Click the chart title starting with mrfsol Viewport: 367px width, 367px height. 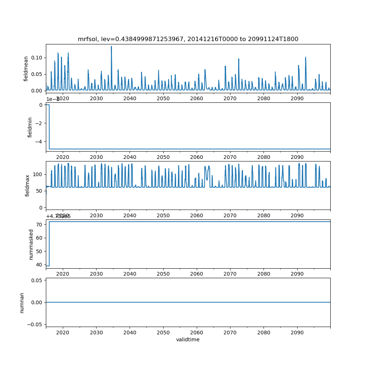[x=188, y=39]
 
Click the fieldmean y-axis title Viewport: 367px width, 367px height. [x=26, y=68]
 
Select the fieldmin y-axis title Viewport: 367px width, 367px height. [x=30, y=127]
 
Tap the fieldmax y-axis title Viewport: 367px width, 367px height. [x=28, y=185]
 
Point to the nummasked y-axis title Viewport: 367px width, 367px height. [x=31, y=244]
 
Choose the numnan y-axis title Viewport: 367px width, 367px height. [x=22, y=302]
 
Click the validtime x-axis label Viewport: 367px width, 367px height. [x=188, y=339]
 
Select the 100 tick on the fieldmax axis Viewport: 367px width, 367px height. [x=37, y=174]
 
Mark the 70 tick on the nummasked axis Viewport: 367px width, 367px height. [x=39, y=224]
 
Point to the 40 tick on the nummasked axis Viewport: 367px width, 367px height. [x=39, y=264]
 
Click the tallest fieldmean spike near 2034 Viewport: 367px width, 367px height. [x=111, y=47]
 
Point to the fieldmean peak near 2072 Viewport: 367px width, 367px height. [x=239, y=59]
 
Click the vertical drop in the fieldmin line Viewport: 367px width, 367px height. [x=49, y=127]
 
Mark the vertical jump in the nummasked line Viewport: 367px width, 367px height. [x=49, y=244]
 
